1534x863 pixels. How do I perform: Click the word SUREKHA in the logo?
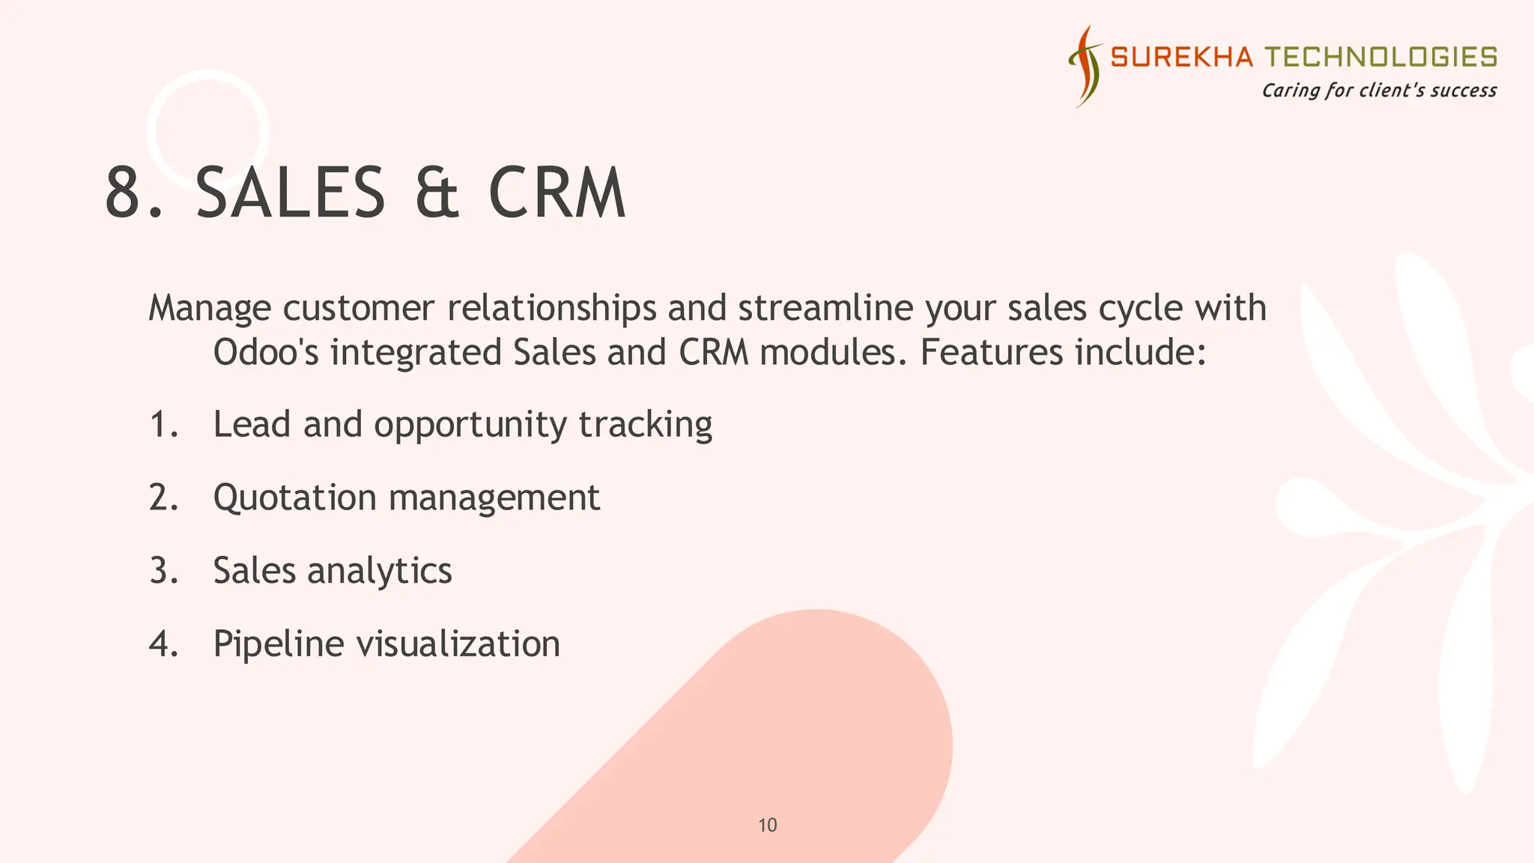1180,57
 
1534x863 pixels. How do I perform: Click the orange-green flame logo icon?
1085,66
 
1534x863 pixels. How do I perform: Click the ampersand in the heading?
437,193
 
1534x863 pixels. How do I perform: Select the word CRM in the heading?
557,193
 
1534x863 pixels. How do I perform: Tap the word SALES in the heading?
291,193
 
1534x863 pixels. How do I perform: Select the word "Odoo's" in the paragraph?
266,352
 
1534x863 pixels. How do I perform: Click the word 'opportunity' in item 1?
470,426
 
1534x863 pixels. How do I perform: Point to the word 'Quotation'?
294,498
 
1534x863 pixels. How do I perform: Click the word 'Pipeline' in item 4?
278,644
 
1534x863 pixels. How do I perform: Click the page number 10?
768,826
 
